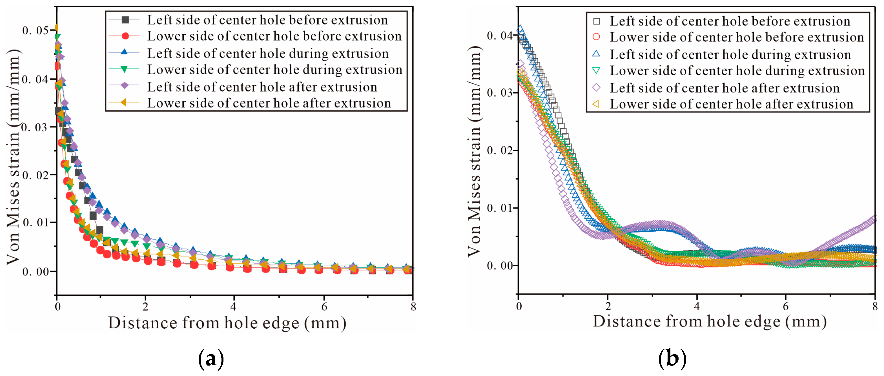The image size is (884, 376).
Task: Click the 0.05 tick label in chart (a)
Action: (x=35, y=30)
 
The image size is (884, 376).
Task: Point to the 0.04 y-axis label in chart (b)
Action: (x=500, y=35)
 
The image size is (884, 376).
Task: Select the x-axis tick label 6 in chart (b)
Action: (x=785, y=306)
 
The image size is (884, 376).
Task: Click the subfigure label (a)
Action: (x=211, y=359)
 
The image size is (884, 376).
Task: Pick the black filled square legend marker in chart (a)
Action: (x=125, y=20)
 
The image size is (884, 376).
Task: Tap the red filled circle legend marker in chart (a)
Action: (x=125, y=36)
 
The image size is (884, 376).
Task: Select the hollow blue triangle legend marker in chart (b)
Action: (x=597, y=54)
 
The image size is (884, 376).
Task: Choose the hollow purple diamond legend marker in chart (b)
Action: (x=597, y=88)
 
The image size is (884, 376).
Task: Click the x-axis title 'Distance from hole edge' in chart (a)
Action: (x=227, y=323)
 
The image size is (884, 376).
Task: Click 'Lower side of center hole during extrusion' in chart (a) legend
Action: (x=274, y=70)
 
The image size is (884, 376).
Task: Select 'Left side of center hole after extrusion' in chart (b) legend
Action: (x=725, y=88)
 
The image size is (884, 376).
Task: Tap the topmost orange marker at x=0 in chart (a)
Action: (x=57, y=27)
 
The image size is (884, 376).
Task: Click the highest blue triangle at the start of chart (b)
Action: (x=520, y=28)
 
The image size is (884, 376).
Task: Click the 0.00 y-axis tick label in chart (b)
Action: (x=500, y=266)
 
